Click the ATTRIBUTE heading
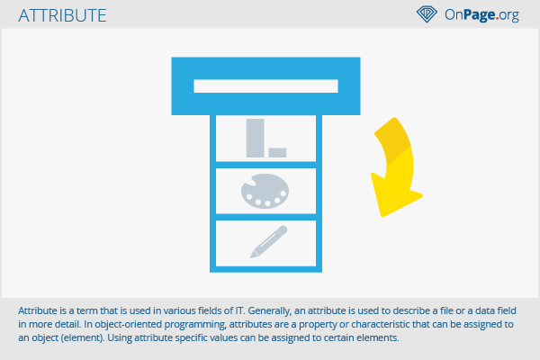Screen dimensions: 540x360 [62, 15]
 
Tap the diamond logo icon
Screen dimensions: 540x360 [427, 14]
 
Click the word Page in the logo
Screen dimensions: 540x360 [480, 14]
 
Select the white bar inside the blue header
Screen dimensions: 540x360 [265, 86]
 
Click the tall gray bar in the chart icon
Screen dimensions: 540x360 [256, 138]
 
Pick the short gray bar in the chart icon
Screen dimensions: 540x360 [277, 153]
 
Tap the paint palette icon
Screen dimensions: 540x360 [265, 191]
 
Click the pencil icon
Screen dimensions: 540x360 [268, 241]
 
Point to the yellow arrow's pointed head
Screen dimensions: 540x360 [382, 216]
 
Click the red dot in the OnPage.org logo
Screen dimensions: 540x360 [498, 19]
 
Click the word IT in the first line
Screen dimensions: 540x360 [239, 310]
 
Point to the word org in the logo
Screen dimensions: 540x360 [509, 15]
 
